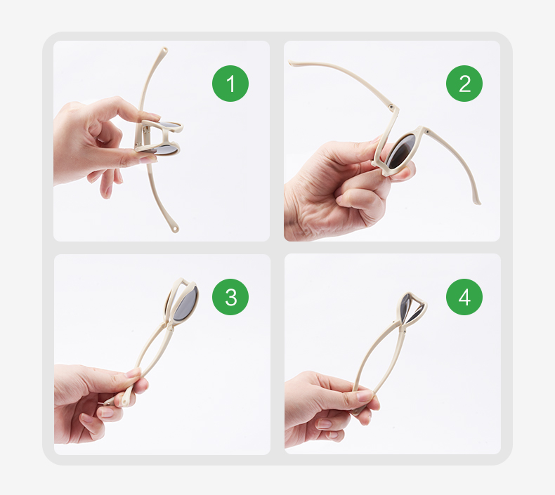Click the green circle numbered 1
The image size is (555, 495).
[230, 84]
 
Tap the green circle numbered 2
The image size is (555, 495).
[464, 84]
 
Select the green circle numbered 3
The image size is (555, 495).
[230, 297]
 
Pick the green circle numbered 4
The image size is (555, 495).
[464, 297]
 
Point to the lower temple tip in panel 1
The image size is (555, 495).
[175, 229]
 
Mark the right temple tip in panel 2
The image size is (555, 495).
[478, 202]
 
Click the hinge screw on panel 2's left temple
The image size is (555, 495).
[391, 107]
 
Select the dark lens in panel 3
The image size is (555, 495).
[186, 304]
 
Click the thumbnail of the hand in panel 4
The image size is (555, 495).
[365, 395]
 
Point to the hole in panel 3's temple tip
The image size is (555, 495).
[124, 401]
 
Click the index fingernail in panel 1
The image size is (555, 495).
[153, 115]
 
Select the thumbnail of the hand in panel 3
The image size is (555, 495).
[133, 372]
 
